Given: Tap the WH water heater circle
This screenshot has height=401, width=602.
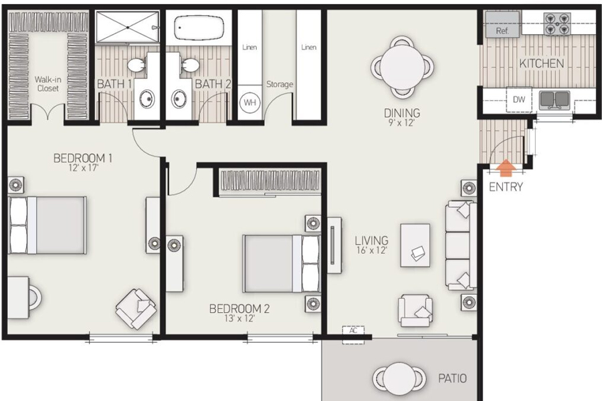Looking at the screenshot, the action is coord(250,102).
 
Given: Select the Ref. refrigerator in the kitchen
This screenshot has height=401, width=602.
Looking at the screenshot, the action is coord(502,25).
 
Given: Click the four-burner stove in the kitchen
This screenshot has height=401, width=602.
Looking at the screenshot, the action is coord(557,24).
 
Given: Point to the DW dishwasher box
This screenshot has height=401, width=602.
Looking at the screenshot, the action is coord(518,100).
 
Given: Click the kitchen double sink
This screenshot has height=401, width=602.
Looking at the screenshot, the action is coord(555,100).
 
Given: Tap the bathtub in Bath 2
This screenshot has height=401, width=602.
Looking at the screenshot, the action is coord(199,27).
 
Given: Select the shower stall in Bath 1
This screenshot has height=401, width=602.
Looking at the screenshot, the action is coord(127,27).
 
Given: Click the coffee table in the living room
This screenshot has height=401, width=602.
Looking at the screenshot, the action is coord(415,245).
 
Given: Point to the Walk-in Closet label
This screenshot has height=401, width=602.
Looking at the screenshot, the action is coord(47,84).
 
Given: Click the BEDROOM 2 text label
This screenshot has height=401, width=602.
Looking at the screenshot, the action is coord(239,309).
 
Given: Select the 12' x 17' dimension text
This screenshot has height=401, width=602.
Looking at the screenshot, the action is coord(84,168).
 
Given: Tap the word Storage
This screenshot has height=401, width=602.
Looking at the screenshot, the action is coord(280,84).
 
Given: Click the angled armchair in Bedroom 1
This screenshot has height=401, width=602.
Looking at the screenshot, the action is coord(136,309).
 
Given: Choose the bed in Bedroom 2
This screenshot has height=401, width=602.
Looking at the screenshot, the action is coord(282,263).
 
